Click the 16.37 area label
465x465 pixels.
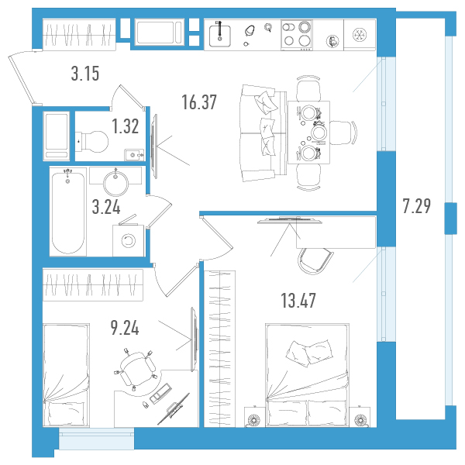199,102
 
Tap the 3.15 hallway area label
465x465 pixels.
85,74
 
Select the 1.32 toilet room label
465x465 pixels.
126,126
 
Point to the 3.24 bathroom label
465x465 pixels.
106,207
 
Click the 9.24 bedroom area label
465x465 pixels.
125,328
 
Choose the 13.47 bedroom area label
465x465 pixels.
298,301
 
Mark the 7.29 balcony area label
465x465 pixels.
417,206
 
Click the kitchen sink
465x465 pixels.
220,36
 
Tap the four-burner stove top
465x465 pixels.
297,35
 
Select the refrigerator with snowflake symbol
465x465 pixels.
360,35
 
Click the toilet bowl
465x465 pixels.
91,142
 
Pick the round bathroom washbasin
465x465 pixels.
115,183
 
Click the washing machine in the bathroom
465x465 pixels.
129,240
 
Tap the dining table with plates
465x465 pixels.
308,133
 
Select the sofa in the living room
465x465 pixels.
261,133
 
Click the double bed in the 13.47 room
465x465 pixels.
307,375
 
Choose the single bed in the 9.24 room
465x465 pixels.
66,375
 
